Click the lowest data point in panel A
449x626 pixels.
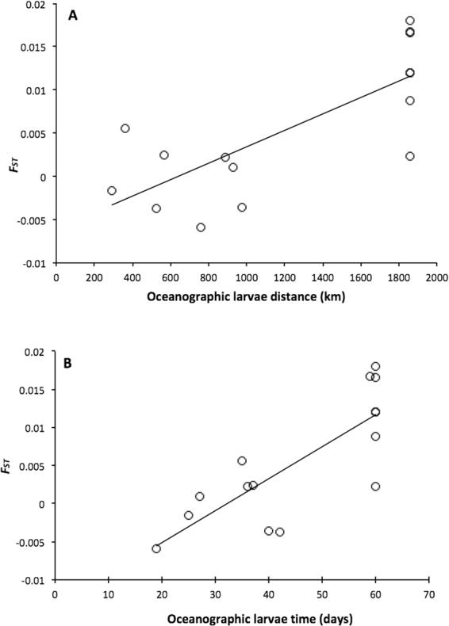click(x=201, y=227)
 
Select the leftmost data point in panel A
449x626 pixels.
click(x=112, y=190)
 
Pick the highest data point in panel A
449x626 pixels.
click(x=410, y=21)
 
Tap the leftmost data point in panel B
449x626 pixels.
click(x=156, y=548)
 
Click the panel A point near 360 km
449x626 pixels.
click(x=125, y=128)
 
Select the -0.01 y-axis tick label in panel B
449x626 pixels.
click(x=33, y=579)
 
